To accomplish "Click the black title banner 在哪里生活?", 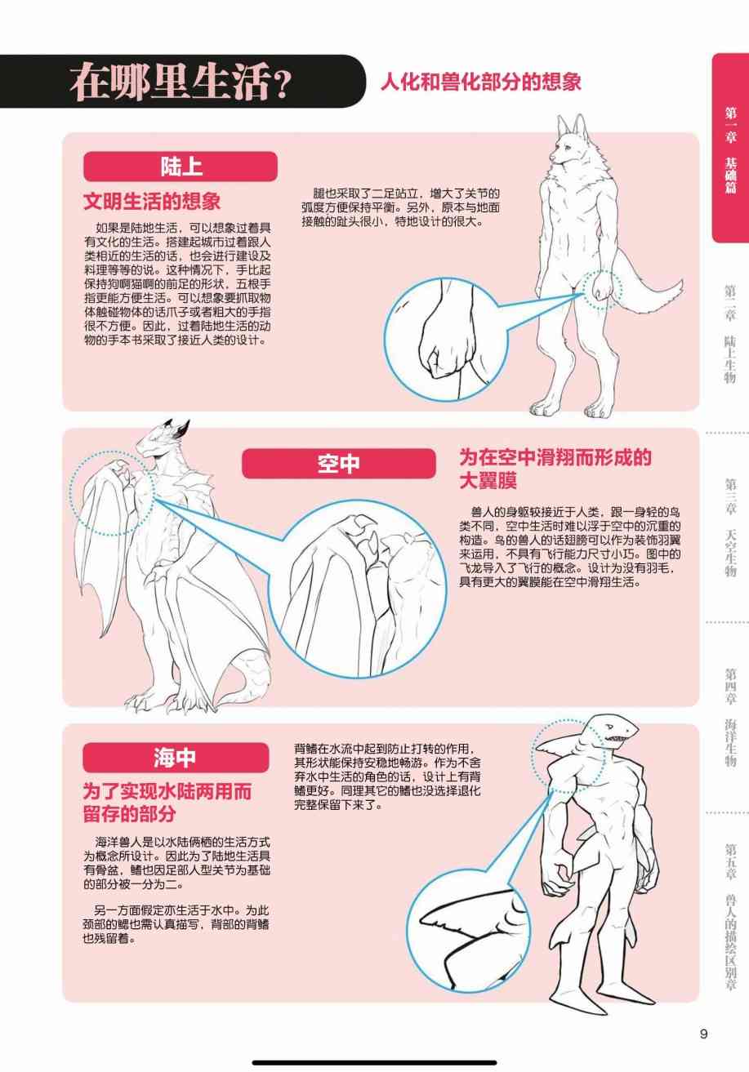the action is [x=182, y=82].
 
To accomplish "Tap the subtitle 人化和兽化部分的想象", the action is [x=481, y=82].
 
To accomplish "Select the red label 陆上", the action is [x=181, y=167].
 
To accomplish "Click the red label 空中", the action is [x=339, y=463].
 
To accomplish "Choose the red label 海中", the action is [x=176, y=758].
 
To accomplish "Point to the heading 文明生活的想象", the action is [x=152, y=201].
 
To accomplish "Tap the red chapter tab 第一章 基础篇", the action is [x=730, y=149].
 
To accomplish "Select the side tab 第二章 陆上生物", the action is [x=730, y=333].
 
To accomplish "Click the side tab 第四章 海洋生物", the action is [x=730, y=717].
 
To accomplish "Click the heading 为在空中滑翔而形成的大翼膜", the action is [x=555, y=469].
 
